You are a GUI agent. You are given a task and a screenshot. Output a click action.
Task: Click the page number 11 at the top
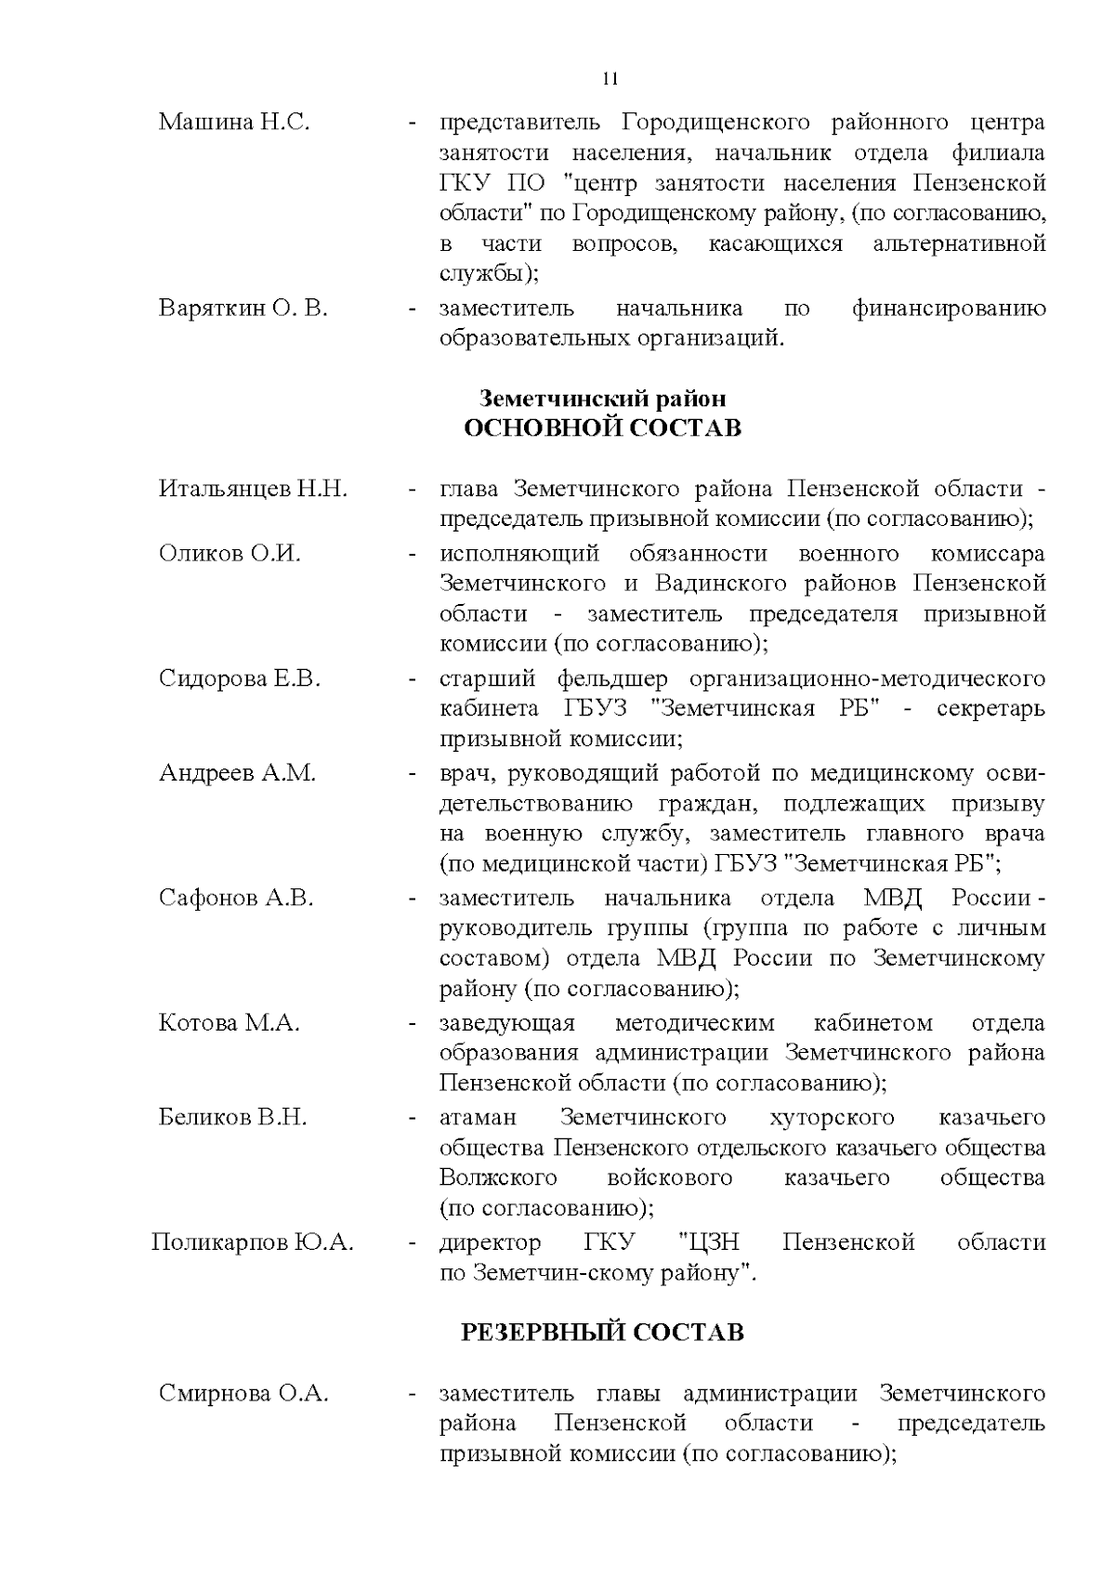coord(610,78)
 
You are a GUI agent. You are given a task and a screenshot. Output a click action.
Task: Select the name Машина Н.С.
coord(233,123)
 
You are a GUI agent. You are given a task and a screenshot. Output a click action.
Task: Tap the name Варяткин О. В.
coord(243,309)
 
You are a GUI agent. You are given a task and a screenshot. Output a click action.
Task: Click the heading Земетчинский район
coord(602,399)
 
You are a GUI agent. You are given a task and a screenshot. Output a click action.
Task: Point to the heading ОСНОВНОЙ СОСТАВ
coord(602,428)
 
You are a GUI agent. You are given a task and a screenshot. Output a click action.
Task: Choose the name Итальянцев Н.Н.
coord(253,489)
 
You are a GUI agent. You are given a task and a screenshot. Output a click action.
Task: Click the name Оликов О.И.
coord(230,554)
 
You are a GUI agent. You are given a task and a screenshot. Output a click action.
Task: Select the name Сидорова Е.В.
coord(239,678)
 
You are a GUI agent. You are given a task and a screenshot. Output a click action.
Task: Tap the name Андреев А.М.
coord(237,773)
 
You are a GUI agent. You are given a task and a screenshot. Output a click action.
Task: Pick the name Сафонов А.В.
coord(236,898)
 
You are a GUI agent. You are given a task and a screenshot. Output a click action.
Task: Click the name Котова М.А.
coord(229,1023)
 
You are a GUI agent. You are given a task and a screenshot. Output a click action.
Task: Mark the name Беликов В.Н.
coord(232,1117)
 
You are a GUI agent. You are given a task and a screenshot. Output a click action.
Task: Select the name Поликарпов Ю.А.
coord(252,1242)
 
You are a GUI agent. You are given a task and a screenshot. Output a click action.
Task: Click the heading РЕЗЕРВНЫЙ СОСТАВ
coord(602,1333)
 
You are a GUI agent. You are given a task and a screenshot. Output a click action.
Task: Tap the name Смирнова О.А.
coord(243,1394)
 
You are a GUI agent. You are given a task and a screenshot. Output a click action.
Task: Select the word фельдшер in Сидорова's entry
coord(610,678)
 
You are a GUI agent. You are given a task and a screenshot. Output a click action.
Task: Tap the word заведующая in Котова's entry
coord(506,1023)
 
